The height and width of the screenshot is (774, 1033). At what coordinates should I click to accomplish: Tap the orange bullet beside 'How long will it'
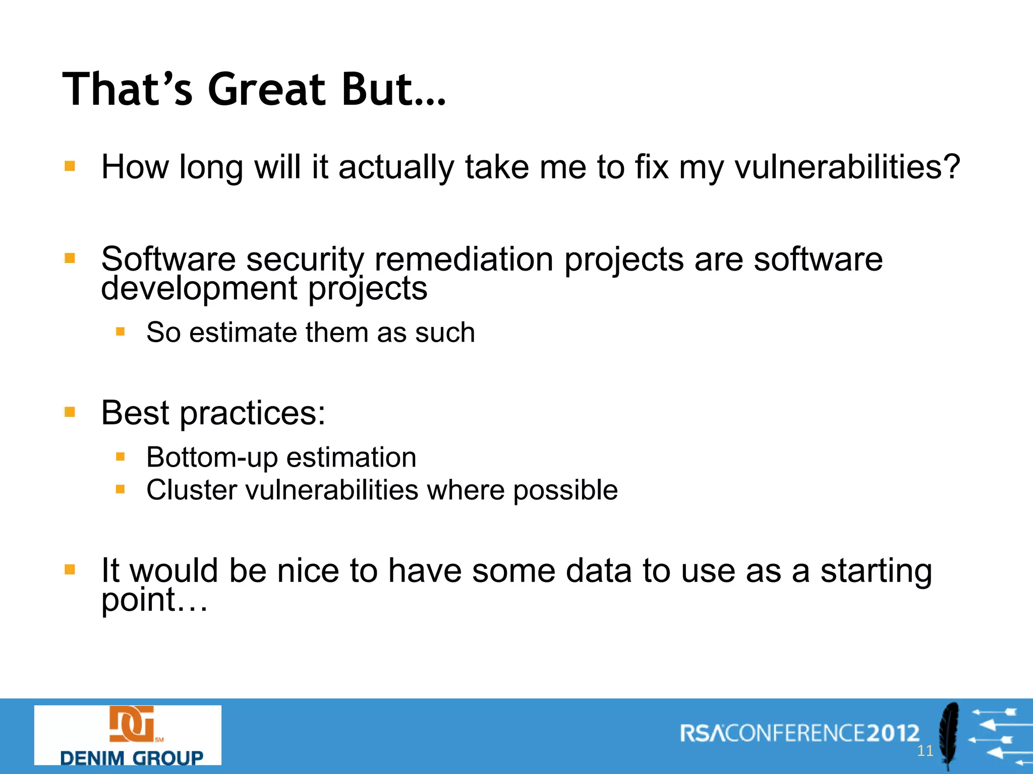tap(70, 166)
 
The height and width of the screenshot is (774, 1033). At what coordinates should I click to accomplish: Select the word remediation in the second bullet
tap(464, 260)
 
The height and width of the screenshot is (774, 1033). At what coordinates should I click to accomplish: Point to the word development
tap(199, 289)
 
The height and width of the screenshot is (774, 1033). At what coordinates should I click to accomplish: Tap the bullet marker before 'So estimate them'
tap(120, 332)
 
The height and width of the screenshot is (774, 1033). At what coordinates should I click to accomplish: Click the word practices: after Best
tap(253, 413)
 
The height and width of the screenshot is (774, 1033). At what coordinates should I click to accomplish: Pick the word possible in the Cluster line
tap(565, 490)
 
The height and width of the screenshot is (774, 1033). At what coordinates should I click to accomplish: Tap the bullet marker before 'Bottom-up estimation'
tap(120, 457)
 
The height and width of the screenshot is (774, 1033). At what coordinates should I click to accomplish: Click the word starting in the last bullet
tap(876, 571)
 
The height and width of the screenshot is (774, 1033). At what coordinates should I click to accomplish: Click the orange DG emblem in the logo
tap(132, 724)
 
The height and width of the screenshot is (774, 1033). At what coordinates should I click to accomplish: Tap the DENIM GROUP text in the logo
tap(132, 757)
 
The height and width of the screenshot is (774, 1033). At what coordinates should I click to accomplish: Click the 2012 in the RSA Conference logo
tap(893, 733)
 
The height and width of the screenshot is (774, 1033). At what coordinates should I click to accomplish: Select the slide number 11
tap(925, 751)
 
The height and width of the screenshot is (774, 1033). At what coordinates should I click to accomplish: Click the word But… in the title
tap(393, 90)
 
